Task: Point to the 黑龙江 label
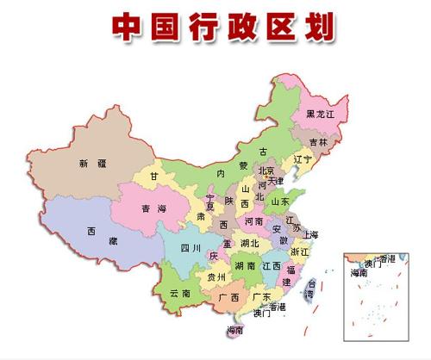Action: pyautogui.click(x=321, y=115)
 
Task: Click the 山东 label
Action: pyautogui.click(x=281, y=201)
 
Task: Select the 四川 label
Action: pyautogui.click(x=191, y=249)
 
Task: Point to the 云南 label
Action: pyautogui.click(x=179, y=295)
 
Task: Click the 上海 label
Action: pyautogui.click(x=311, y=234)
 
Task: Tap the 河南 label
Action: pyautogui.click(x=254, y=220)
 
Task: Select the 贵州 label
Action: pyautogui.click(x=216, y=277)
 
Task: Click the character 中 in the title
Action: pyautogui.click(x=128, y=25)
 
